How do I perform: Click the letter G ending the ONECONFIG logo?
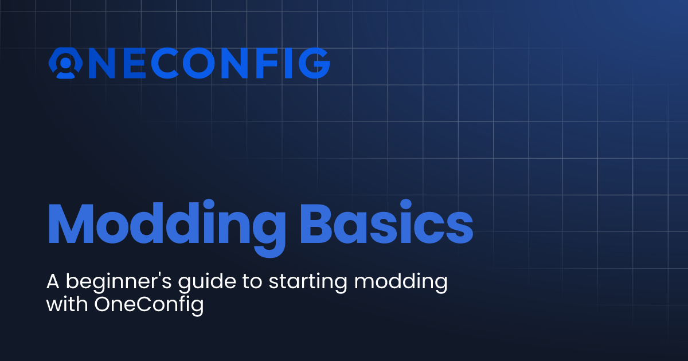pyautogui.click(x=314, y=63)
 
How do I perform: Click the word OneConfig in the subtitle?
pyautogui.click(x=148, y=305)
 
